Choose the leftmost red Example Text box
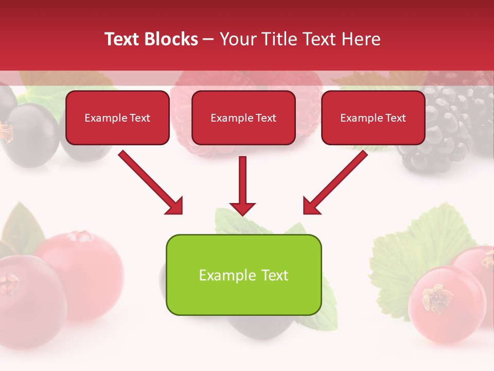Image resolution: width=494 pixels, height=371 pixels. (117, 117)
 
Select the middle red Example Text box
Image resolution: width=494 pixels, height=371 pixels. (243, 117)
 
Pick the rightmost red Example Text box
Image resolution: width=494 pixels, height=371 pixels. (373, 117)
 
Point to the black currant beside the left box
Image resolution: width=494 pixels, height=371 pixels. (31, 131)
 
